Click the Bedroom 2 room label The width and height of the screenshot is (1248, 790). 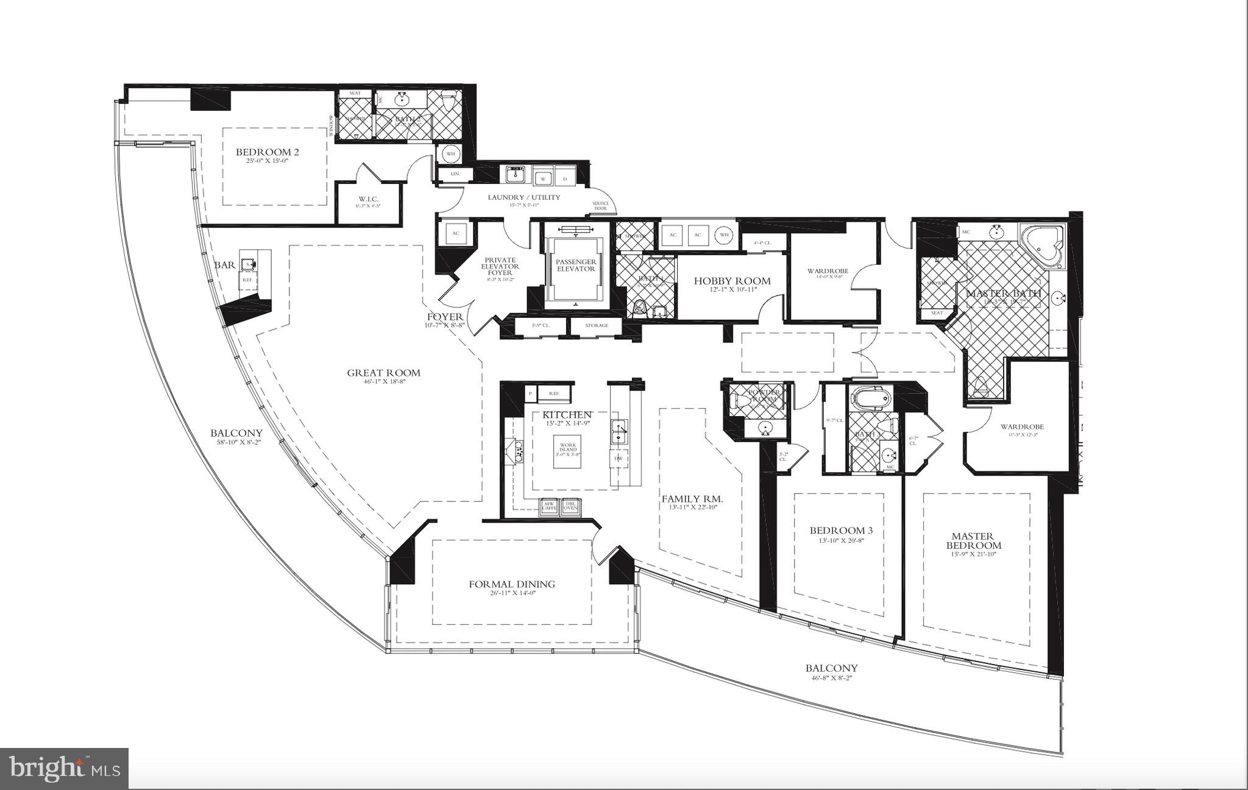[267, 152]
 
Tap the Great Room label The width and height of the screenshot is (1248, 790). [383, 373]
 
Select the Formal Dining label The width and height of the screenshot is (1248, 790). [511, 584]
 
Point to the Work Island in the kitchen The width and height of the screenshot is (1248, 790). [567, 451]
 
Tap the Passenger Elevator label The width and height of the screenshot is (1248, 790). [575, 265]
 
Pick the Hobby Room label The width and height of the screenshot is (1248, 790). [732, 281]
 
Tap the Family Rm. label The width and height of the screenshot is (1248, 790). [692, 499]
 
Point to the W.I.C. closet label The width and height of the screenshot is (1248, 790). [369, 199]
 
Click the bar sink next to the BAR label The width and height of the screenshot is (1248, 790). [247, 264]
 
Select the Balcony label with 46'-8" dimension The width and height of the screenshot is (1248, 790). [831, 668]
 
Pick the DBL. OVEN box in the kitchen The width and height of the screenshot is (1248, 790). [570, 506]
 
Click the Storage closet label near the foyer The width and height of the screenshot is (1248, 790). [596, 325]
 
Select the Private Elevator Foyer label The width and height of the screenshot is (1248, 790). [500, 267]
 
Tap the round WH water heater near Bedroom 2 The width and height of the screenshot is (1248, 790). [451, 153]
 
